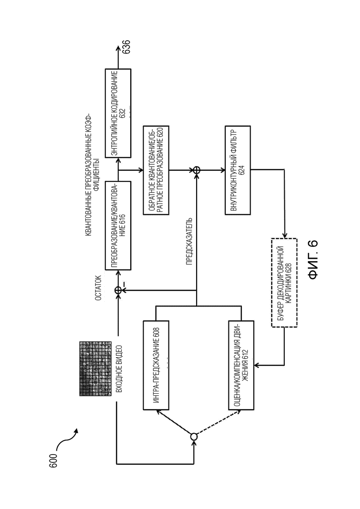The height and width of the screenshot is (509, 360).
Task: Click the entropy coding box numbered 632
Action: [x=118, y=114]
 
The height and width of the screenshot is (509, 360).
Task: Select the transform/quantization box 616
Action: [x=118, y=226]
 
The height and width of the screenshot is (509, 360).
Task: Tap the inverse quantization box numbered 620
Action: [x=156, y=170]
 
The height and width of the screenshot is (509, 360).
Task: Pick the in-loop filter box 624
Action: [x=238, y=170]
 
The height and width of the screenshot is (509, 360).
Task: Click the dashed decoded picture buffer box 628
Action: [x=284, y=282]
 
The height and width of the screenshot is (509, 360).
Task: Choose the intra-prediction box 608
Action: [x=156, y=365]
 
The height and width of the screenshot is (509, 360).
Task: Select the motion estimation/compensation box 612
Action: [x=241, y=365]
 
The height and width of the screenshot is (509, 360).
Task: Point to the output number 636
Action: [x=126, y=47]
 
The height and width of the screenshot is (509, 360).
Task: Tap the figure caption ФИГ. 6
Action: [x=313, y=260]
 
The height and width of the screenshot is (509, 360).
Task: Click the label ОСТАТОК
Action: [x=98, y=288]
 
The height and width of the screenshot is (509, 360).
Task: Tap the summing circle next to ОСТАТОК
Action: [x=118, y=291]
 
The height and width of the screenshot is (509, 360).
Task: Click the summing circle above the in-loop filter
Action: [x=197, y=170]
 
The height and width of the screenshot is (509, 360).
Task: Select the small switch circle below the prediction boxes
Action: [x=193, y=437]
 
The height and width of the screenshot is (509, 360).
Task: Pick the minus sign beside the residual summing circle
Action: [x=124, y=283]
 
